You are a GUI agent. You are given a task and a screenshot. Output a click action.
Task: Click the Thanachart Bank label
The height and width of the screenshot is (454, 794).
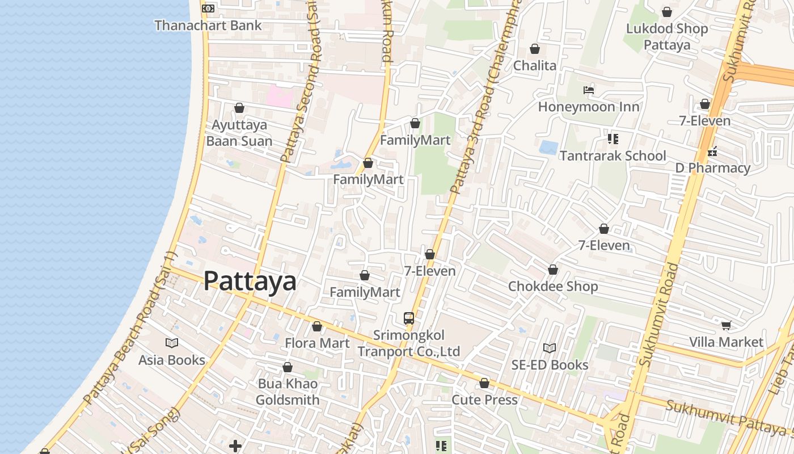[x=208, y=26]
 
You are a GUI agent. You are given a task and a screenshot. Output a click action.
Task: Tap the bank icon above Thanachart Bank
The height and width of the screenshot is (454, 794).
[x=208, y=9]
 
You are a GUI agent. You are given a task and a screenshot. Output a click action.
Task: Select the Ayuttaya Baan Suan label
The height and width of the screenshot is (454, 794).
[x=239, y=133]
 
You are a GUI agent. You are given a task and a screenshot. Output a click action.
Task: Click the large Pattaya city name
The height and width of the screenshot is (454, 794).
[x=250, y=281]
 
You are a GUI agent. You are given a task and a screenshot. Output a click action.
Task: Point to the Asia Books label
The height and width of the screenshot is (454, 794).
[x=172, y=360]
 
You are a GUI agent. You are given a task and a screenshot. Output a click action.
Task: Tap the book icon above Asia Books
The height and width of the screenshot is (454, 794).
[x=172, y=343]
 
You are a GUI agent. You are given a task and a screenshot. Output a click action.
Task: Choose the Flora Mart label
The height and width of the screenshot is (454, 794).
[x=317, y=343]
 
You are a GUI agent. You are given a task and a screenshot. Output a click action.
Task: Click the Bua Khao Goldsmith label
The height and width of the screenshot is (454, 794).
[x=288, y=392]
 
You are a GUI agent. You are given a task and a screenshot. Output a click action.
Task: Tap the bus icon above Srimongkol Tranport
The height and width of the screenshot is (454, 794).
[x=408, y=318]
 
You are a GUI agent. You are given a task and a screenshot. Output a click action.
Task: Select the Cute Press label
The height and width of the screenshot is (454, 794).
[x=484, y=400]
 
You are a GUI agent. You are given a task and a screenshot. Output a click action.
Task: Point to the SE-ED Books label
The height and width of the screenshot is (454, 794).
[x=550, y=365]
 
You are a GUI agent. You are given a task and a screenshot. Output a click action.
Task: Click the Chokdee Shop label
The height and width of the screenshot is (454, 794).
[x=553, y=286]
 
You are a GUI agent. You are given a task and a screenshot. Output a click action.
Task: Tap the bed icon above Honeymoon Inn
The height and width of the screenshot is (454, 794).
[x=589, y=90]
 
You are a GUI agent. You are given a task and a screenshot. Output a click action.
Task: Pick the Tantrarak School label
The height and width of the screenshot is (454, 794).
[x=613, y=155]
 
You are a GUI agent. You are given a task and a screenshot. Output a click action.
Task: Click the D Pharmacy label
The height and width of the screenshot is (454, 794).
[x=712, y=168]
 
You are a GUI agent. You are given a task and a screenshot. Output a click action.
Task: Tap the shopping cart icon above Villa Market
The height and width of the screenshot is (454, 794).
[x=726, y=325]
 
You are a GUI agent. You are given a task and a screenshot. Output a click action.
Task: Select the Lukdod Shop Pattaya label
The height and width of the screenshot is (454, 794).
[x=667, y=37]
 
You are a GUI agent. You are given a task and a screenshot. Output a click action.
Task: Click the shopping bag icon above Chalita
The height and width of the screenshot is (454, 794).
[x=534, y=49]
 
